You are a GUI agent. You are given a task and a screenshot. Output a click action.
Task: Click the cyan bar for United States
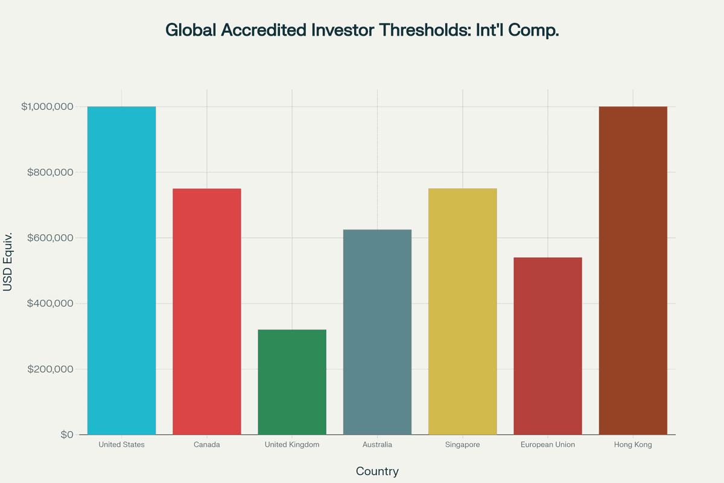tap(121, 270)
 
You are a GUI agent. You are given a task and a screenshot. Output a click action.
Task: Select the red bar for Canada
tap(207, 312)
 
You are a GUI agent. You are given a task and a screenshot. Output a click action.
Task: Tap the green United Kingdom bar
tap(292, 382)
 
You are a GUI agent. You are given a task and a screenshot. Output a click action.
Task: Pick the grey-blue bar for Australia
tap(377, 332)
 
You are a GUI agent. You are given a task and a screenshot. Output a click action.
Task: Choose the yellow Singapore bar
tap(463, 312)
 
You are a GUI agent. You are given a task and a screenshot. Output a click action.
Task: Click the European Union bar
tap(548, 346)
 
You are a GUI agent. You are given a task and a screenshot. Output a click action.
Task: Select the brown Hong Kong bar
tap(633, 270)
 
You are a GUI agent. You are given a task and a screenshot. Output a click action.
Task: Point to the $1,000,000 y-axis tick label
tap(47, 107)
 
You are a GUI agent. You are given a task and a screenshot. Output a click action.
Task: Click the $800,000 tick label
tap(50, 173)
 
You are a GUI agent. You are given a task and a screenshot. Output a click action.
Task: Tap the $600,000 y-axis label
tap(50, 238)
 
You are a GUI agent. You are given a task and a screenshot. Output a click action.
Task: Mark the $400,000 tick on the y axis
tap(50, 304)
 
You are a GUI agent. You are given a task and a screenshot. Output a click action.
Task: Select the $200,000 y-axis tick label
tap(50, 369)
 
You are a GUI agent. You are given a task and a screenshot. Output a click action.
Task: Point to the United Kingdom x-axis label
tap(292, 445)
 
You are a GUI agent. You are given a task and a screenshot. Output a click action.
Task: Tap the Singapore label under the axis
tap(463, 445)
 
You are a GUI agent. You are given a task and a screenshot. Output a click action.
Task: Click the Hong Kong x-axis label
tap(633, 445)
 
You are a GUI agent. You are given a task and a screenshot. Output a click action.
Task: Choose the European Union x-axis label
tap(548, 445)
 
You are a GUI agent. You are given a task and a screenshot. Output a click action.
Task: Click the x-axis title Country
tap(377, 472)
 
